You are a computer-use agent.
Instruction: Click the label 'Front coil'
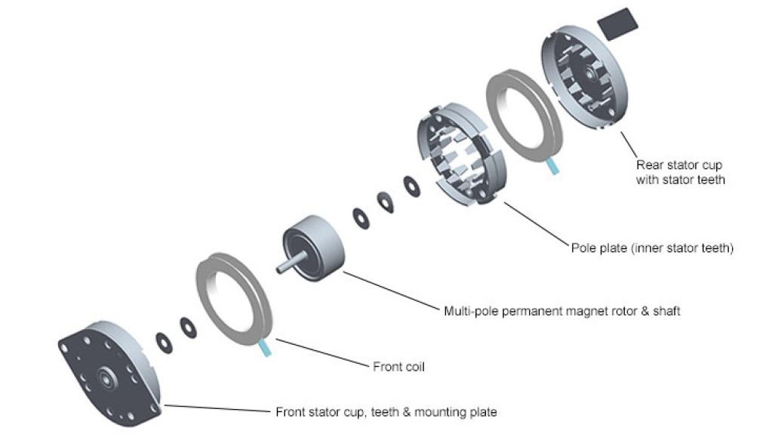pos(398,368)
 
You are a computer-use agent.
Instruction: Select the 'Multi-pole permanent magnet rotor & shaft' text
pos(561,310)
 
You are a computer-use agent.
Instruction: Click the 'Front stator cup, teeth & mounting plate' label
pos(386,412)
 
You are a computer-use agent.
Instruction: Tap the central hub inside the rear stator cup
pos(587,73)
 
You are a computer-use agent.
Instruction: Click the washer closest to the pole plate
pos(412,186)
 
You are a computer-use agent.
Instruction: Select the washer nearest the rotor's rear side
pos(361,216)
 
